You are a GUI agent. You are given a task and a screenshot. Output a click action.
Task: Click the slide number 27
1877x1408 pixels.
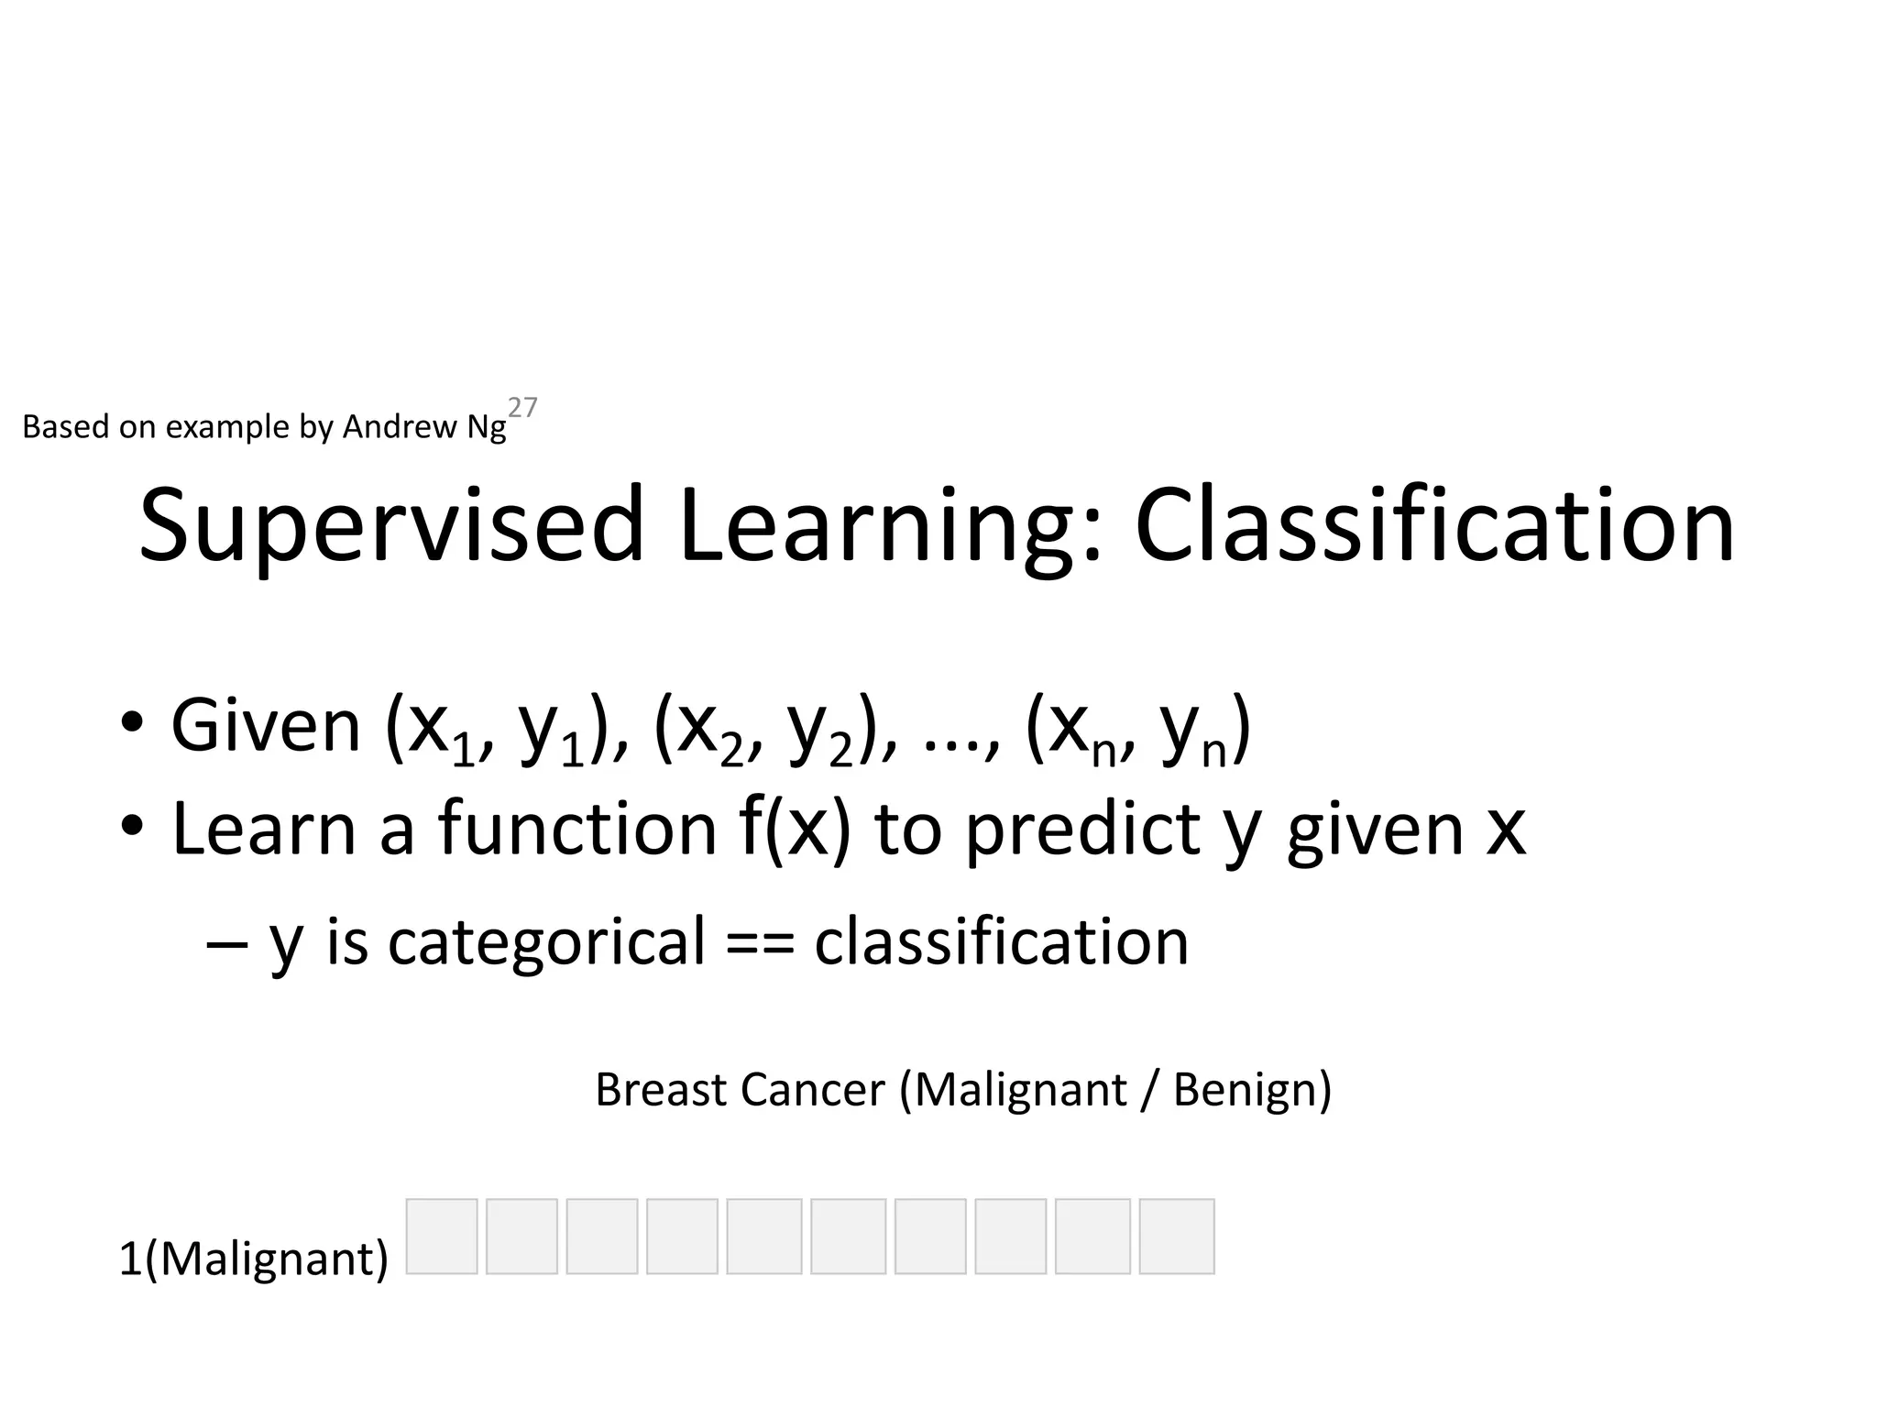522,407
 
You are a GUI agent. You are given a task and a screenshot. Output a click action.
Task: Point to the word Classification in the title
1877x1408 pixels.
1434,527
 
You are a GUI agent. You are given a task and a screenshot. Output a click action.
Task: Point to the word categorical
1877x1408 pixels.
546,942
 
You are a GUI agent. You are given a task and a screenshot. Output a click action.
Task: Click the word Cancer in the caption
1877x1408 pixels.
812,1091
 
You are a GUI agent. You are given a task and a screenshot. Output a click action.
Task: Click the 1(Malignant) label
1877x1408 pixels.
254,1259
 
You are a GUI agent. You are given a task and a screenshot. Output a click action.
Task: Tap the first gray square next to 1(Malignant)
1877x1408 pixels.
442,1236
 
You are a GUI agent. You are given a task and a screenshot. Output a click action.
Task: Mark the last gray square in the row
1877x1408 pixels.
1177,1236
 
